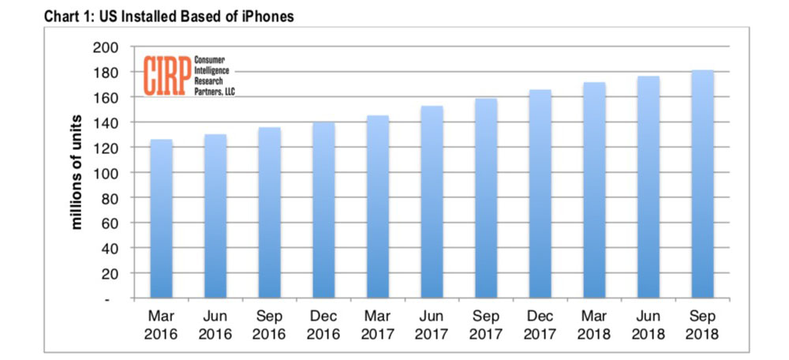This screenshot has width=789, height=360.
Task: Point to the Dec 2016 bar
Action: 323,210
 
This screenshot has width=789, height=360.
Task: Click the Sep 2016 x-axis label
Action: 269,323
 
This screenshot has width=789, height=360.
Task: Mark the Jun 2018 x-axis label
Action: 648,323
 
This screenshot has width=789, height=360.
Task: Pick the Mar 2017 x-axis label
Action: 377,323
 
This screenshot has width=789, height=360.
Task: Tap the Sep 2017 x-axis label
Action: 485,323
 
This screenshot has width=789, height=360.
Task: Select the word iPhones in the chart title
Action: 266,16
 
